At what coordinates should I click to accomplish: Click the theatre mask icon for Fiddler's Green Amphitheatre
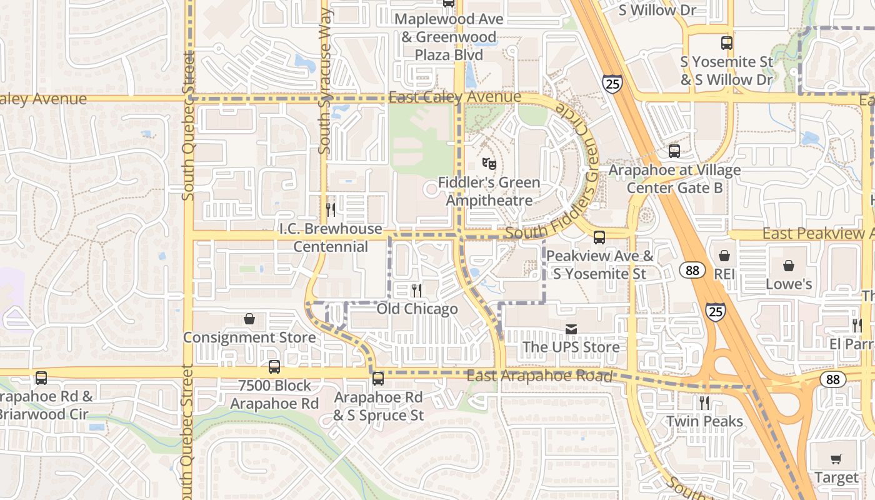tap(489, 164)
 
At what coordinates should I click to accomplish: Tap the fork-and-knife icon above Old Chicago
tap(417, 291)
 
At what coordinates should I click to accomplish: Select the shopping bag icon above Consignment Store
tap(249, 319)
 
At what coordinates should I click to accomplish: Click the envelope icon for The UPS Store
tap(571, 329)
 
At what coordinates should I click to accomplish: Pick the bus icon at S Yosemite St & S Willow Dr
tap(726, 43)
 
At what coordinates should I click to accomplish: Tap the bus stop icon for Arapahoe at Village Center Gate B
tap(674, 151)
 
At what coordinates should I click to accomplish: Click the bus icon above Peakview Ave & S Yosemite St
tap(599, 237)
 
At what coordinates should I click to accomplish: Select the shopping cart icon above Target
tap(836, 459)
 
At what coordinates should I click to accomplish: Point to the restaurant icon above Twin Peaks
tap(704, 403)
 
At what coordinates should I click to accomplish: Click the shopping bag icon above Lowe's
tap(789, 266)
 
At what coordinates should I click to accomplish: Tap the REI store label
tap(724, 274)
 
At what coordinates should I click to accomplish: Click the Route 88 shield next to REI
tap(692, 270)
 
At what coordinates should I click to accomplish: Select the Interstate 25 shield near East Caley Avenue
tap(612, 83)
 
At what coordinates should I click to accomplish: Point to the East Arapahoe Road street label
tap(539, 376)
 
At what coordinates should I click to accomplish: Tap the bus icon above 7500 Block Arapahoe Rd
tap(274, 367)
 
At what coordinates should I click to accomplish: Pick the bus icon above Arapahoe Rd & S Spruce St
tap(378, 379)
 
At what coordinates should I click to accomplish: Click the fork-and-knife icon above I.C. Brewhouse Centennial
tap(331, 210)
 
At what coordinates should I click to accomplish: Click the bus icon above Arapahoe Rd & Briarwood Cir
tap(41, 378)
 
